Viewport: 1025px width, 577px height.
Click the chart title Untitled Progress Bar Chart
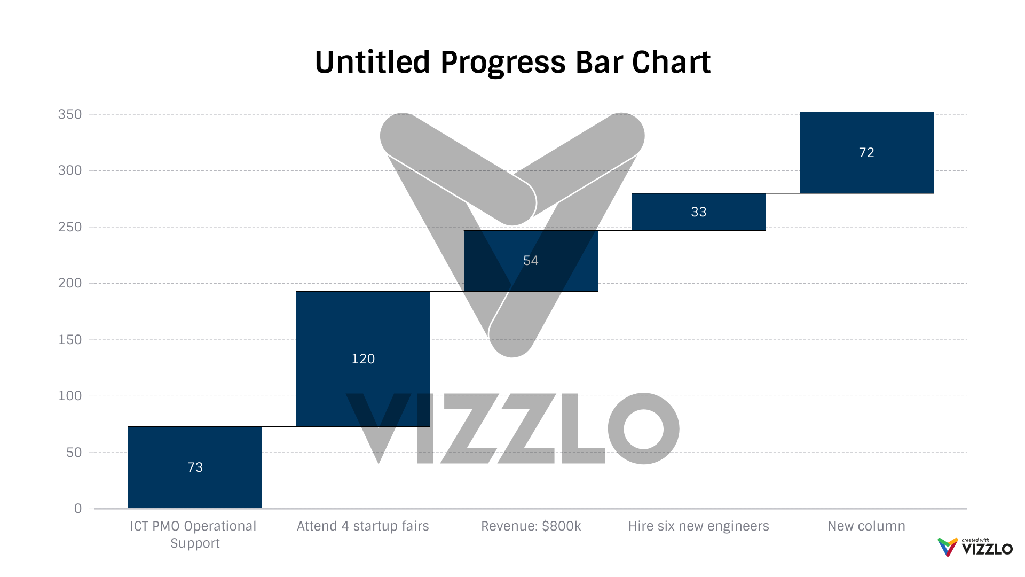pos(512,62)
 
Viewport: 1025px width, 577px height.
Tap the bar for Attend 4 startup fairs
pos(363,331)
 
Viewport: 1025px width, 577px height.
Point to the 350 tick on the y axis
pos(70,114)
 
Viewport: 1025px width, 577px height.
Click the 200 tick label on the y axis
pos(70,283)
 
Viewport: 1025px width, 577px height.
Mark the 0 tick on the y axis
pos(78,509)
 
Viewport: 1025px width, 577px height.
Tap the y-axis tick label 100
pos(70,396)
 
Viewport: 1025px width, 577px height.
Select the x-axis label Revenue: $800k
pos(531,526)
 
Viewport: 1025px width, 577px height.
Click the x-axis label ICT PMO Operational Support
pos(193,534)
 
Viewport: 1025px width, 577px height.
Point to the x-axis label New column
pos(866,526)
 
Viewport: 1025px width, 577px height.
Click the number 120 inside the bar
pos(363,358)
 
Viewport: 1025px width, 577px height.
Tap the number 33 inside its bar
pos(698,212)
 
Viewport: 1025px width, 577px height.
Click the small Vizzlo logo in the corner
pos(975,547)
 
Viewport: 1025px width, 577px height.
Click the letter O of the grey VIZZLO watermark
pos(644,428)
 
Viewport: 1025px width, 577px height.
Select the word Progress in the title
pos(503,62)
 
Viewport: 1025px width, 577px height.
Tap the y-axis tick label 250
pos(70,227)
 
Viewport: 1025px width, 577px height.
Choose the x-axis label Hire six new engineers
pos(698,526)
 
